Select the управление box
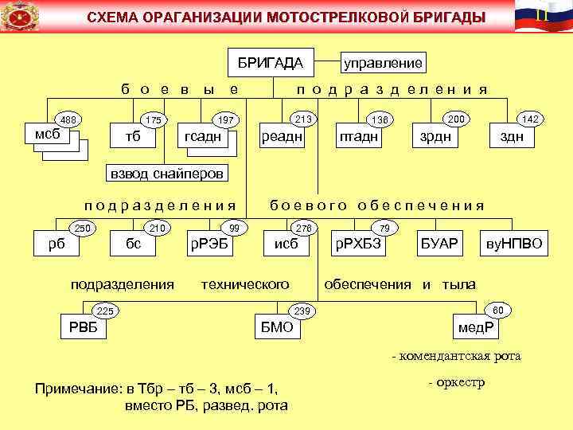(382, 62)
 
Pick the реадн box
(282, 137)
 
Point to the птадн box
(358, 137)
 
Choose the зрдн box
(435, 137)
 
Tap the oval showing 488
(68, 120)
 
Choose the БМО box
(278, 327)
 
